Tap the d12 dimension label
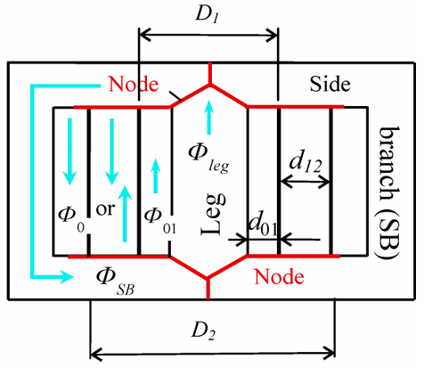click(x=306, y=160)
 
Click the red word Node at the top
click(x=135, y=86)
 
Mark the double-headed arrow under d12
click(x=306, y=182)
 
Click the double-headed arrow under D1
click(x=208, y=37)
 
